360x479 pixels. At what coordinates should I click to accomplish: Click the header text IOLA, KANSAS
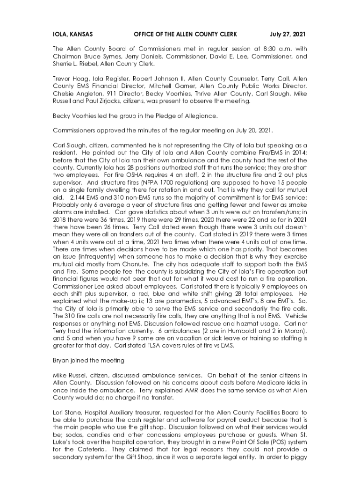point(72,35)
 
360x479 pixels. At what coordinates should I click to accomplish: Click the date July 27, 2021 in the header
point(288,35)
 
